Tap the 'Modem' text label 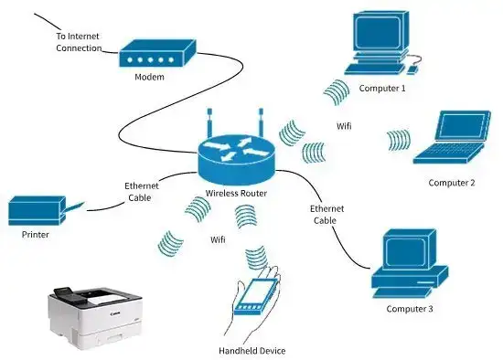[x=149, y=78]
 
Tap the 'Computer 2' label [x=452, y=183]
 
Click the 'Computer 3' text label [x=409, y=309]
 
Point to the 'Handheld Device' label [x=251, y=351]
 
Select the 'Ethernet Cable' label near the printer [x=142, y=191]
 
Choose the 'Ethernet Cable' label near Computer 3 [x=326, y=214]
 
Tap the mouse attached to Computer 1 [x=412, y=67]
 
